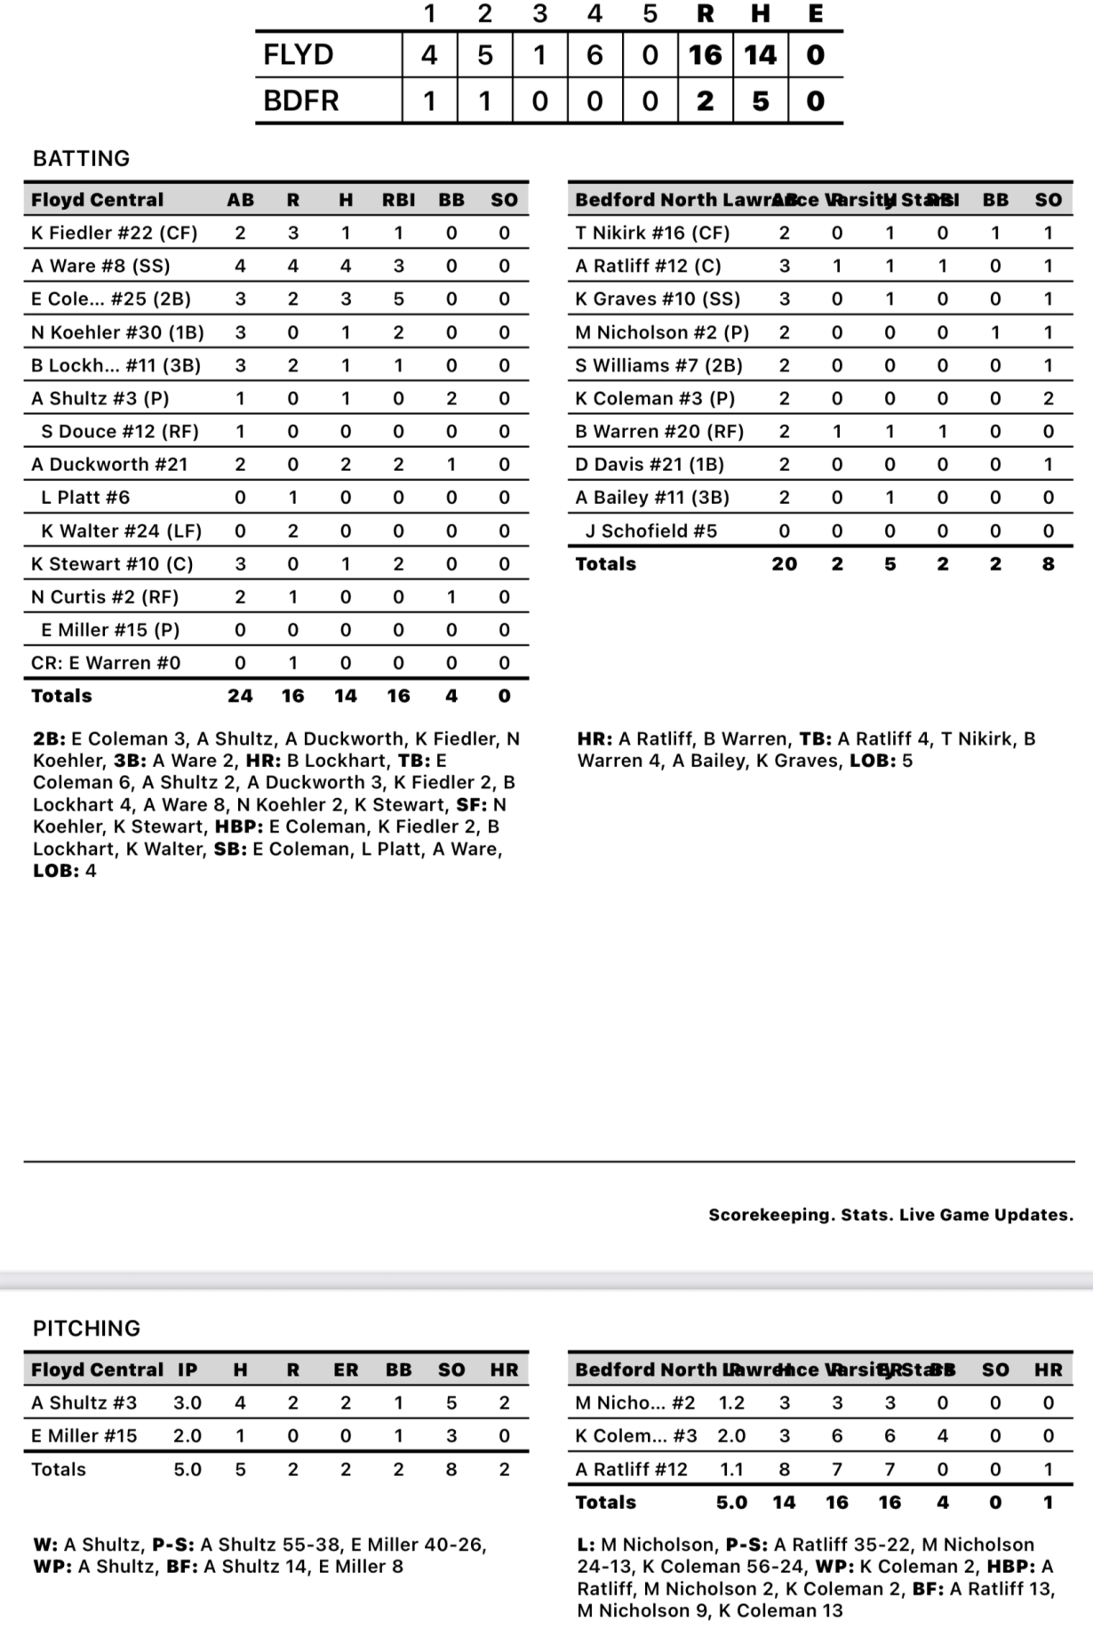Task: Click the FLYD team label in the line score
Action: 299,55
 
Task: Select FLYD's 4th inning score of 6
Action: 594,55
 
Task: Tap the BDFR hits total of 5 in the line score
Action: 760,100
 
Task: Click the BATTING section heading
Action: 81,158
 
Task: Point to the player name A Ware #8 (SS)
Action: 100,266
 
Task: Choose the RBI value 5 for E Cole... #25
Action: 398,299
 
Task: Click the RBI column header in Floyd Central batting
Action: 398,200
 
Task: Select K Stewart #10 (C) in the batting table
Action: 112,563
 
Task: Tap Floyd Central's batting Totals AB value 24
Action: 240,696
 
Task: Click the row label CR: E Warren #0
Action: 106,663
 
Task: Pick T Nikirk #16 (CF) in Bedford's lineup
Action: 652,233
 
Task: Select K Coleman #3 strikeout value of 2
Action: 1048,398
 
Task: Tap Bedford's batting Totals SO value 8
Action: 1048,563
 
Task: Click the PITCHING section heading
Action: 86,1328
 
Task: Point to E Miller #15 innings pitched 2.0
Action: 187,1435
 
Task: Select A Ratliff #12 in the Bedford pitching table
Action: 631,1469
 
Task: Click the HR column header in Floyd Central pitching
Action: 504,1369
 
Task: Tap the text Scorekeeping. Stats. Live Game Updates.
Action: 890,1215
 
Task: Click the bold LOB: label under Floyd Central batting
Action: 56,871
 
